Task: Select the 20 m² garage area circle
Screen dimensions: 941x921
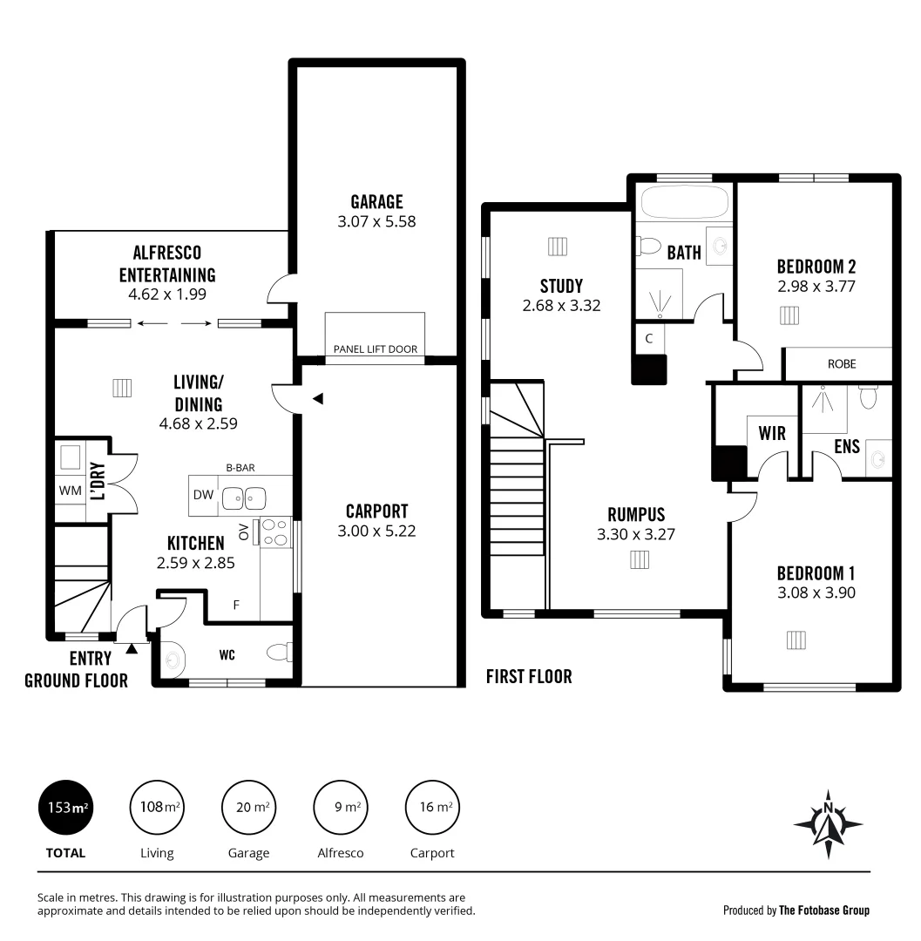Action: pos(248,808)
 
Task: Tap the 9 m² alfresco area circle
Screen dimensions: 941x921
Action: pos(340,808)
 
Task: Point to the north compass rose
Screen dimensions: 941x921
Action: pos(829,823)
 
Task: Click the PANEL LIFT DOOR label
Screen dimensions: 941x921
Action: pos(375,349)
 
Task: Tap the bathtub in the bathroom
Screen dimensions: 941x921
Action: pos(684,203)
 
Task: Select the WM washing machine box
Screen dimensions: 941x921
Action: pos(69,491)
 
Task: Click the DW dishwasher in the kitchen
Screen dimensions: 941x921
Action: pos(203,495)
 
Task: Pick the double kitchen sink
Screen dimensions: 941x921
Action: pos(243,498)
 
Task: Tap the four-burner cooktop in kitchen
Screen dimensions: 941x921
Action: pos(274,532)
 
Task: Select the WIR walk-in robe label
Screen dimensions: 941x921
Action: pos(772,433)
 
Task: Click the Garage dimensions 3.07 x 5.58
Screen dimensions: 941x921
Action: pos(376,221)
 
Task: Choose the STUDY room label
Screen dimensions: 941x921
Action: pos(561,286)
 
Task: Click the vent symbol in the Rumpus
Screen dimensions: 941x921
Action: pos(640,559)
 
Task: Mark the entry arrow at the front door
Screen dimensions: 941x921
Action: pos(132,647)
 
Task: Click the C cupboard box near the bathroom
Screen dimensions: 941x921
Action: pos(649,338)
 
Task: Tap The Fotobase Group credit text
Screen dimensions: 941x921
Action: pos(823,911)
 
